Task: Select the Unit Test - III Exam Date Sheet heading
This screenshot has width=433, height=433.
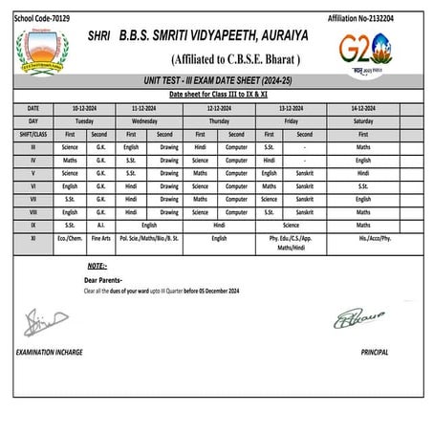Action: [x=216, y=85]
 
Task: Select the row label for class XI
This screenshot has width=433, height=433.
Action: [x=34, y=236]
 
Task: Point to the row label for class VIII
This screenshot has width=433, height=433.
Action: [x=34, y=210]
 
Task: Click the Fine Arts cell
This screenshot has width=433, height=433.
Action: [x=99, y=236]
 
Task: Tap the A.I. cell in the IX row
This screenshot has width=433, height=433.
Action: [x=99, y=224]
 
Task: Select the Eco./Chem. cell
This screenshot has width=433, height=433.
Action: [x=70, y=236]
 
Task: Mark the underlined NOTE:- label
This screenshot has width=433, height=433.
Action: [x=97, y=265]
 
